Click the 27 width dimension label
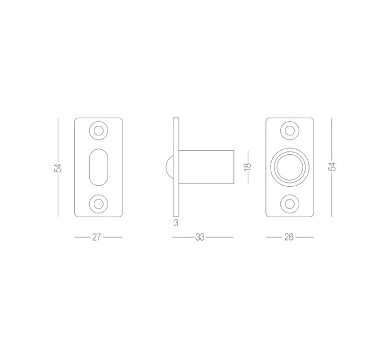96,237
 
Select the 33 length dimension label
200,237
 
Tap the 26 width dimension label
289,237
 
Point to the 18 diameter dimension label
248,166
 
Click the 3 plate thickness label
176,223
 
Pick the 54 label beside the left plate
58,168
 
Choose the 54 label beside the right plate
332,166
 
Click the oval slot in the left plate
98,167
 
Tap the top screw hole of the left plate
98,130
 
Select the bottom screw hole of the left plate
98,204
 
